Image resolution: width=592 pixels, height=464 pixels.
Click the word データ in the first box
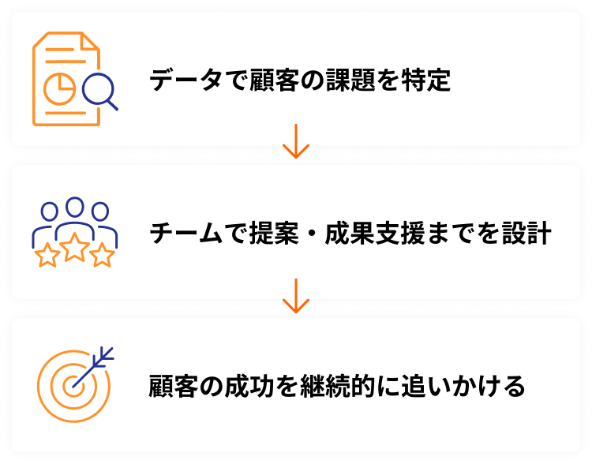pyautogui.click(x=175, y=80)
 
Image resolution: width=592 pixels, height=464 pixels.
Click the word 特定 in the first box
pyautogui.click(x=426, y=80)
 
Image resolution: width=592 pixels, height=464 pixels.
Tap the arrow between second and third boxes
pyautogui.click(x=295, y=297)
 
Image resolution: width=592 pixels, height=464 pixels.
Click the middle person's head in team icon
pyautogui.click(x=75, y=208)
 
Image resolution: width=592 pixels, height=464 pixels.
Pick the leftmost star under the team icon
pyautogui.click(x=47, y=255)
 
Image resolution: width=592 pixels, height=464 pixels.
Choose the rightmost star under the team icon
pyautogui.click(x=103, y=255)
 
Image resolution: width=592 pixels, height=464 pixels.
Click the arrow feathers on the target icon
pyautogui.click(x=105, y=356)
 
